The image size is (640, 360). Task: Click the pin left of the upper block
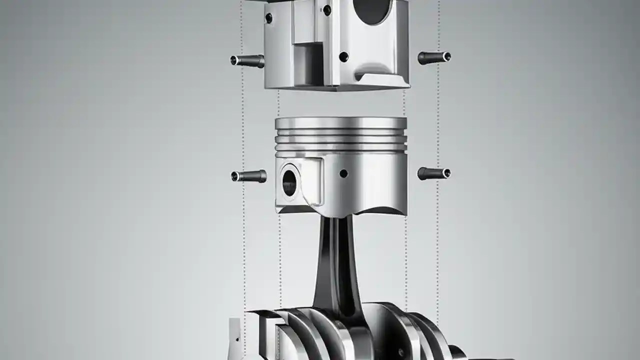[x=247, y=61]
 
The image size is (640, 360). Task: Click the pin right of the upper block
[x=434, y=57]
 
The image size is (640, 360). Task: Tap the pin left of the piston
[x=248, y=176]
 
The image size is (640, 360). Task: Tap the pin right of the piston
[x=434, y=173]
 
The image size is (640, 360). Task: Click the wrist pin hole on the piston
[x=289, y=182]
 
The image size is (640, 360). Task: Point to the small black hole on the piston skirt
[x=343, y=174]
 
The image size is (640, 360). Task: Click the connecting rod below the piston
[x=336, y=265]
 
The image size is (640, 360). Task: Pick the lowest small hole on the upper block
[x=343, y=57]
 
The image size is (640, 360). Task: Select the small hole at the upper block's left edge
[x=268, y=18]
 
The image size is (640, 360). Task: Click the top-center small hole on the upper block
[x=327, y=9]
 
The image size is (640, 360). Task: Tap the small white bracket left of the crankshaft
[x=235, y=337]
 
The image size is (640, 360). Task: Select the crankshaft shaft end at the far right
[x=458, y=352]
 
